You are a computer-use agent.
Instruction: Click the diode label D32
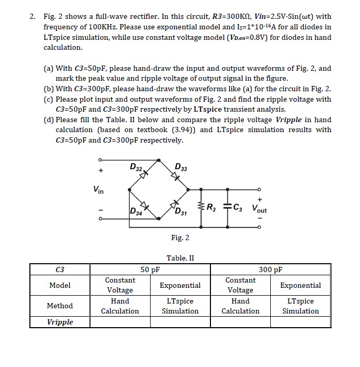(135, 168)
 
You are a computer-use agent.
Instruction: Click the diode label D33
(181, 168)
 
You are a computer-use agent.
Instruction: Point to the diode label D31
(181, 212)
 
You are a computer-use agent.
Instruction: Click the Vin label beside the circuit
(98, 190)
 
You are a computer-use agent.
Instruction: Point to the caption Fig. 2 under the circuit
(180, 238)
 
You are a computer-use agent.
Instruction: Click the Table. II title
(180, 258)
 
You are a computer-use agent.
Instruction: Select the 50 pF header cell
(150, 270)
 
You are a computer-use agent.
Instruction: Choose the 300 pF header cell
(270, 270)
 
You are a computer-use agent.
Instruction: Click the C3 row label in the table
(60, 270)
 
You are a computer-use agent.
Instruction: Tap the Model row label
(60, 285)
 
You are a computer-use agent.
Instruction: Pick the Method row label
(60, 306)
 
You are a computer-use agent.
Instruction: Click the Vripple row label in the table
(60, 322)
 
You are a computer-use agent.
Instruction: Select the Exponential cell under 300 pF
(300, 285)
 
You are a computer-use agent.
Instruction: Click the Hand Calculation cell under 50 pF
(120, 306)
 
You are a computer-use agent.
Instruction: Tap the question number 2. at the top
(33, 17)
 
